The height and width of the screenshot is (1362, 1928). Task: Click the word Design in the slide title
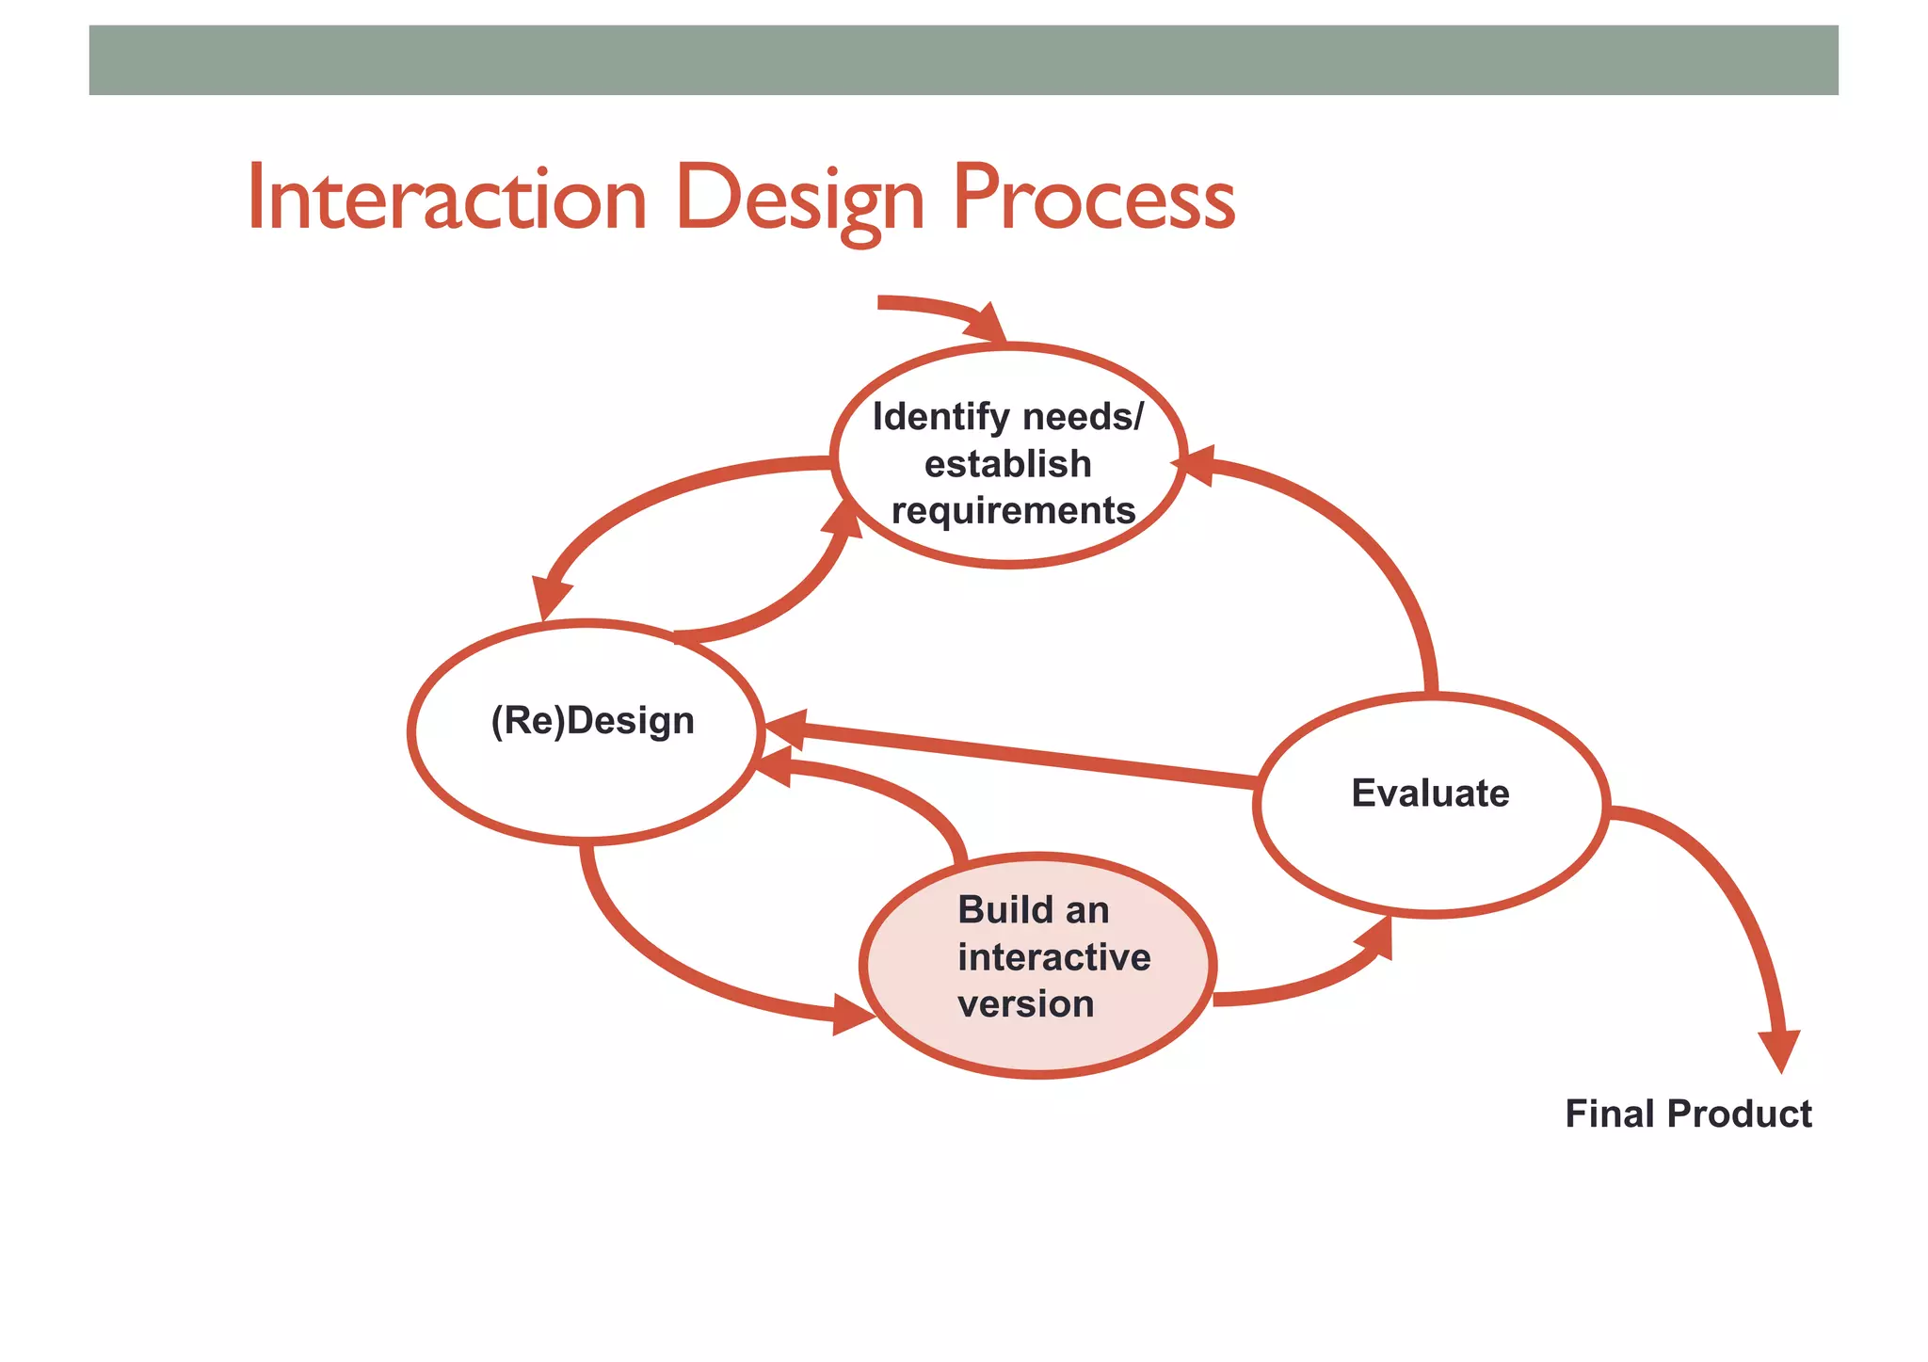click(799, 200)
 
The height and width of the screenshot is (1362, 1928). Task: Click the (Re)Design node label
click(592, 721)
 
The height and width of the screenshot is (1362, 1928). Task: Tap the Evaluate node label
click(1429, 793)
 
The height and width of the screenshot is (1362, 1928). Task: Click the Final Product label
click(1687, 1114)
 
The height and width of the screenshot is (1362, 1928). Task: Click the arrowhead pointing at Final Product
click(1779, 1050)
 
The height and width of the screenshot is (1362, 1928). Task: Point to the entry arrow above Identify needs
click(941, 311)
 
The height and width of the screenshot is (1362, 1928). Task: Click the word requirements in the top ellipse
click(1013, 511)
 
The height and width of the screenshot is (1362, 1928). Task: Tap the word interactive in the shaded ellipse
click(1053, 957)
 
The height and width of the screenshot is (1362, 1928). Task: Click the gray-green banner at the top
click(963, 60)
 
